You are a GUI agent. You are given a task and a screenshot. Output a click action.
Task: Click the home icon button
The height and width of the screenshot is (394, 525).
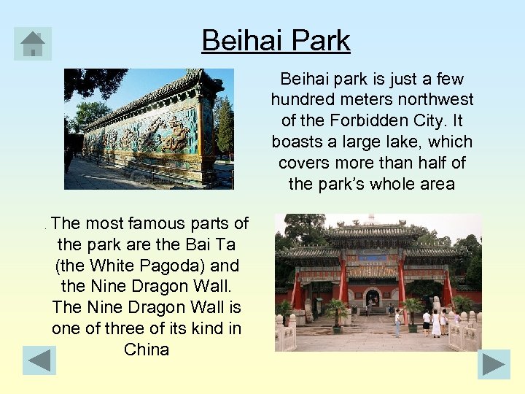click(x=33, y=44)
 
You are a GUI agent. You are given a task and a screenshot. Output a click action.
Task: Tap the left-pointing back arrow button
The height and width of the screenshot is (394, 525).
click(x=39, y=361)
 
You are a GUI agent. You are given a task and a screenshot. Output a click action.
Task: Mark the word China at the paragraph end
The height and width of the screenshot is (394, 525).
click(x=147, y=349)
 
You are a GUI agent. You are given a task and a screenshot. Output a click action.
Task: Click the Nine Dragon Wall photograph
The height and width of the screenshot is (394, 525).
click(x=149, y=129)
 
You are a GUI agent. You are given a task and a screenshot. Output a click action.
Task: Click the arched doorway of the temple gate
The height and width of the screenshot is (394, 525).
click(x=373, y=297)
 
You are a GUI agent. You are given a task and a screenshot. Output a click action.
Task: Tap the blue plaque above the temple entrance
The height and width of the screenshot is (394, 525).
click(x=373, y=258)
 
